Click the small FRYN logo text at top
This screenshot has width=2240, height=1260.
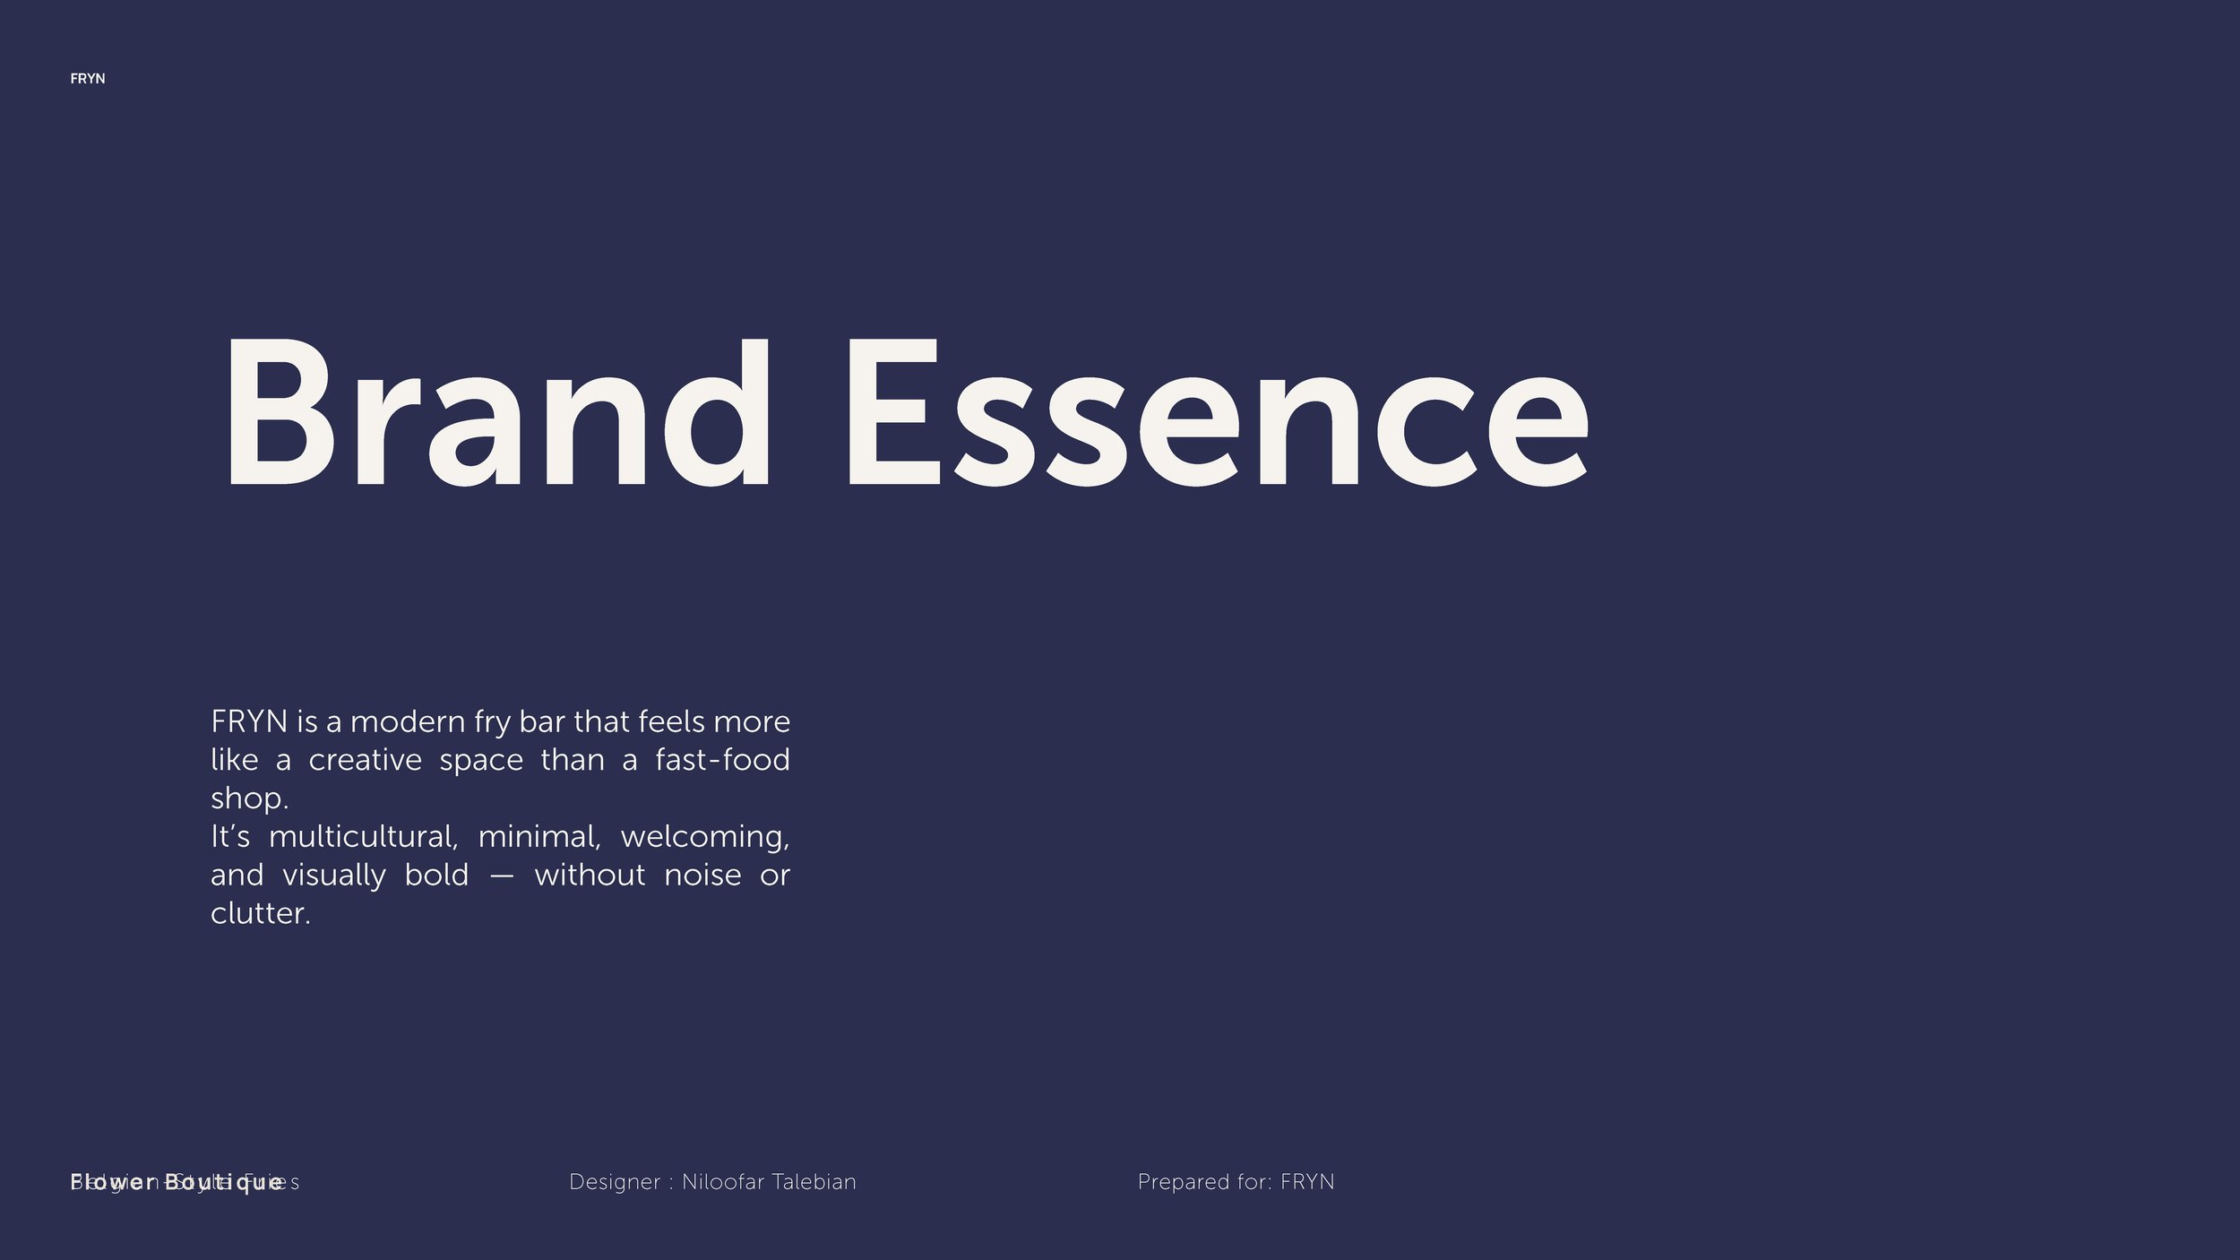(88, 79)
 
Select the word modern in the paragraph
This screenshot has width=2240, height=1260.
(408, 722)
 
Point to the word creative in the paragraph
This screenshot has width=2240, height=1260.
(365, 761)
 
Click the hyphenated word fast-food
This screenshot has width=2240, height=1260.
(722, 761)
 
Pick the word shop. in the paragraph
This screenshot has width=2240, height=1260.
(249, 799)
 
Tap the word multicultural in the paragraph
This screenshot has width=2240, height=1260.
(363, 837)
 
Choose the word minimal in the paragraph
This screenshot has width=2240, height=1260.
(538, 837)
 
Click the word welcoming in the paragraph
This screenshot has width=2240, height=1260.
(705, 837)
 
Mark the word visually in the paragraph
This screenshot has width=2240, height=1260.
(334, 876)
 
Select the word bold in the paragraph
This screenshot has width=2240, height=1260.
(436, 876)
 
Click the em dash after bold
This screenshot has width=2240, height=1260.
(502, 876)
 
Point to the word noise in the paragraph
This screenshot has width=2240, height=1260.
(702, 876)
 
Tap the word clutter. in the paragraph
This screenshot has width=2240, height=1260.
(260, 914)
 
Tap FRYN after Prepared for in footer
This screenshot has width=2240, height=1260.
(1307, 1182)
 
